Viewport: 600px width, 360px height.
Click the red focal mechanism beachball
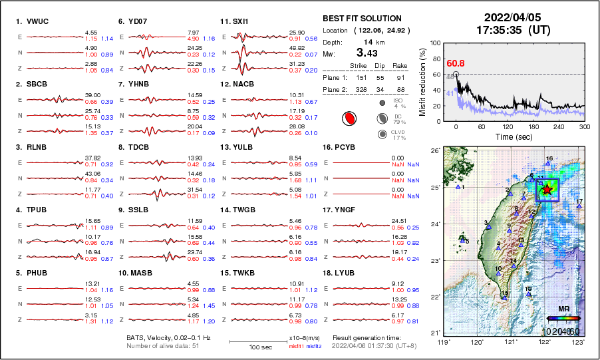click(347, 119)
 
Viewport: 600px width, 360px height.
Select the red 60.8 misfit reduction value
click(456, 64)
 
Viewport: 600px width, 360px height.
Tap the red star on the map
click(547, 190)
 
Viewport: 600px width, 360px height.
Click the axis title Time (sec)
click(508, 136)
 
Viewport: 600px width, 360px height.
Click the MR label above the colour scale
click(563, 309)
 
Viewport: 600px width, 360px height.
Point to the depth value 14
click(367, 41)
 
